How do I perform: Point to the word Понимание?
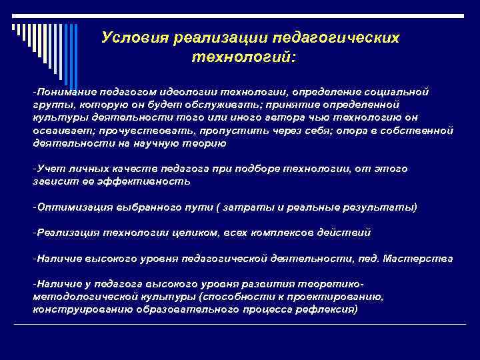(65, 91)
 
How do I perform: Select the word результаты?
(377, 207)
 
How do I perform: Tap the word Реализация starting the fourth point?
(68, 233)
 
